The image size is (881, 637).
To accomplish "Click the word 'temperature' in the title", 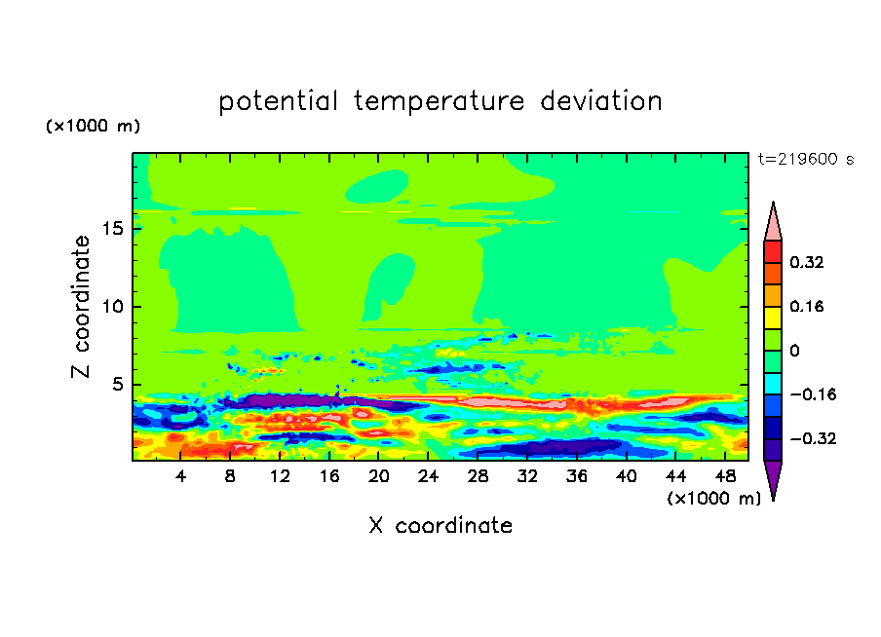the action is [x=439, y=101].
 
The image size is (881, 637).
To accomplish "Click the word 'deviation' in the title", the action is [x=601, y=101].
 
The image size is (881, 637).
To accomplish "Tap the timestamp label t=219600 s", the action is [x=806, y=160].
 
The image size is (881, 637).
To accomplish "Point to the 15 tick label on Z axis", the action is [x=113, y=229].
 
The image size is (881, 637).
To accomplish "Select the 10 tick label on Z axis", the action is [x=113, y=307].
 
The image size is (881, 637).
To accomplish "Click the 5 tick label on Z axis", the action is [x=118, y=384].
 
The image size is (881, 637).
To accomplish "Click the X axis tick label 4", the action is [x=180, y=476].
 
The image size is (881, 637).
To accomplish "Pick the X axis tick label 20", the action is [x=379, y=476].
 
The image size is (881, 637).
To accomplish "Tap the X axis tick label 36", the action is [x=577, y=476].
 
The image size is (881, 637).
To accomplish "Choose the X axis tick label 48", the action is [x=725, y=476].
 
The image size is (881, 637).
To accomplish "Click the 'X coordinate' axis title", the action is [x=440, y=526].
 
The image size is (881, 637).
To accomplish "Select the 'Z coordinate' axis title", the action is [x=81, y=306].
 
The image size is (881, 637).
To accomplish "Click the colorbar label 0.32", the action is [x=806, y=262].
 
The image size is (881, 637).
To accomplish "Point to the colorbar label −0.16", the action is [x=814, y=394].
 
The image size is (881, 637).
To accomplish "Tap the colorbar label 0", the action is [x=794, y=351].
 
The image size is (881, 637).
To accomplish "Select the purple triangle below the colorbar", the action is [x=773, y=477].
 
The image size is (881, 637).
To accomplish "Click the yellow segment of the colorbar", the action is [x=773, y=318].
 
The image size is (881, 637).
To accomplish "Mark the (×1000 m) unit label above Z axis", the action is [x=93, y=126].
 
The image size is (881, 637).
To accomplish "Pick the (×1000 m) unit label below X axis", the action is [x=713, y=499].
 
